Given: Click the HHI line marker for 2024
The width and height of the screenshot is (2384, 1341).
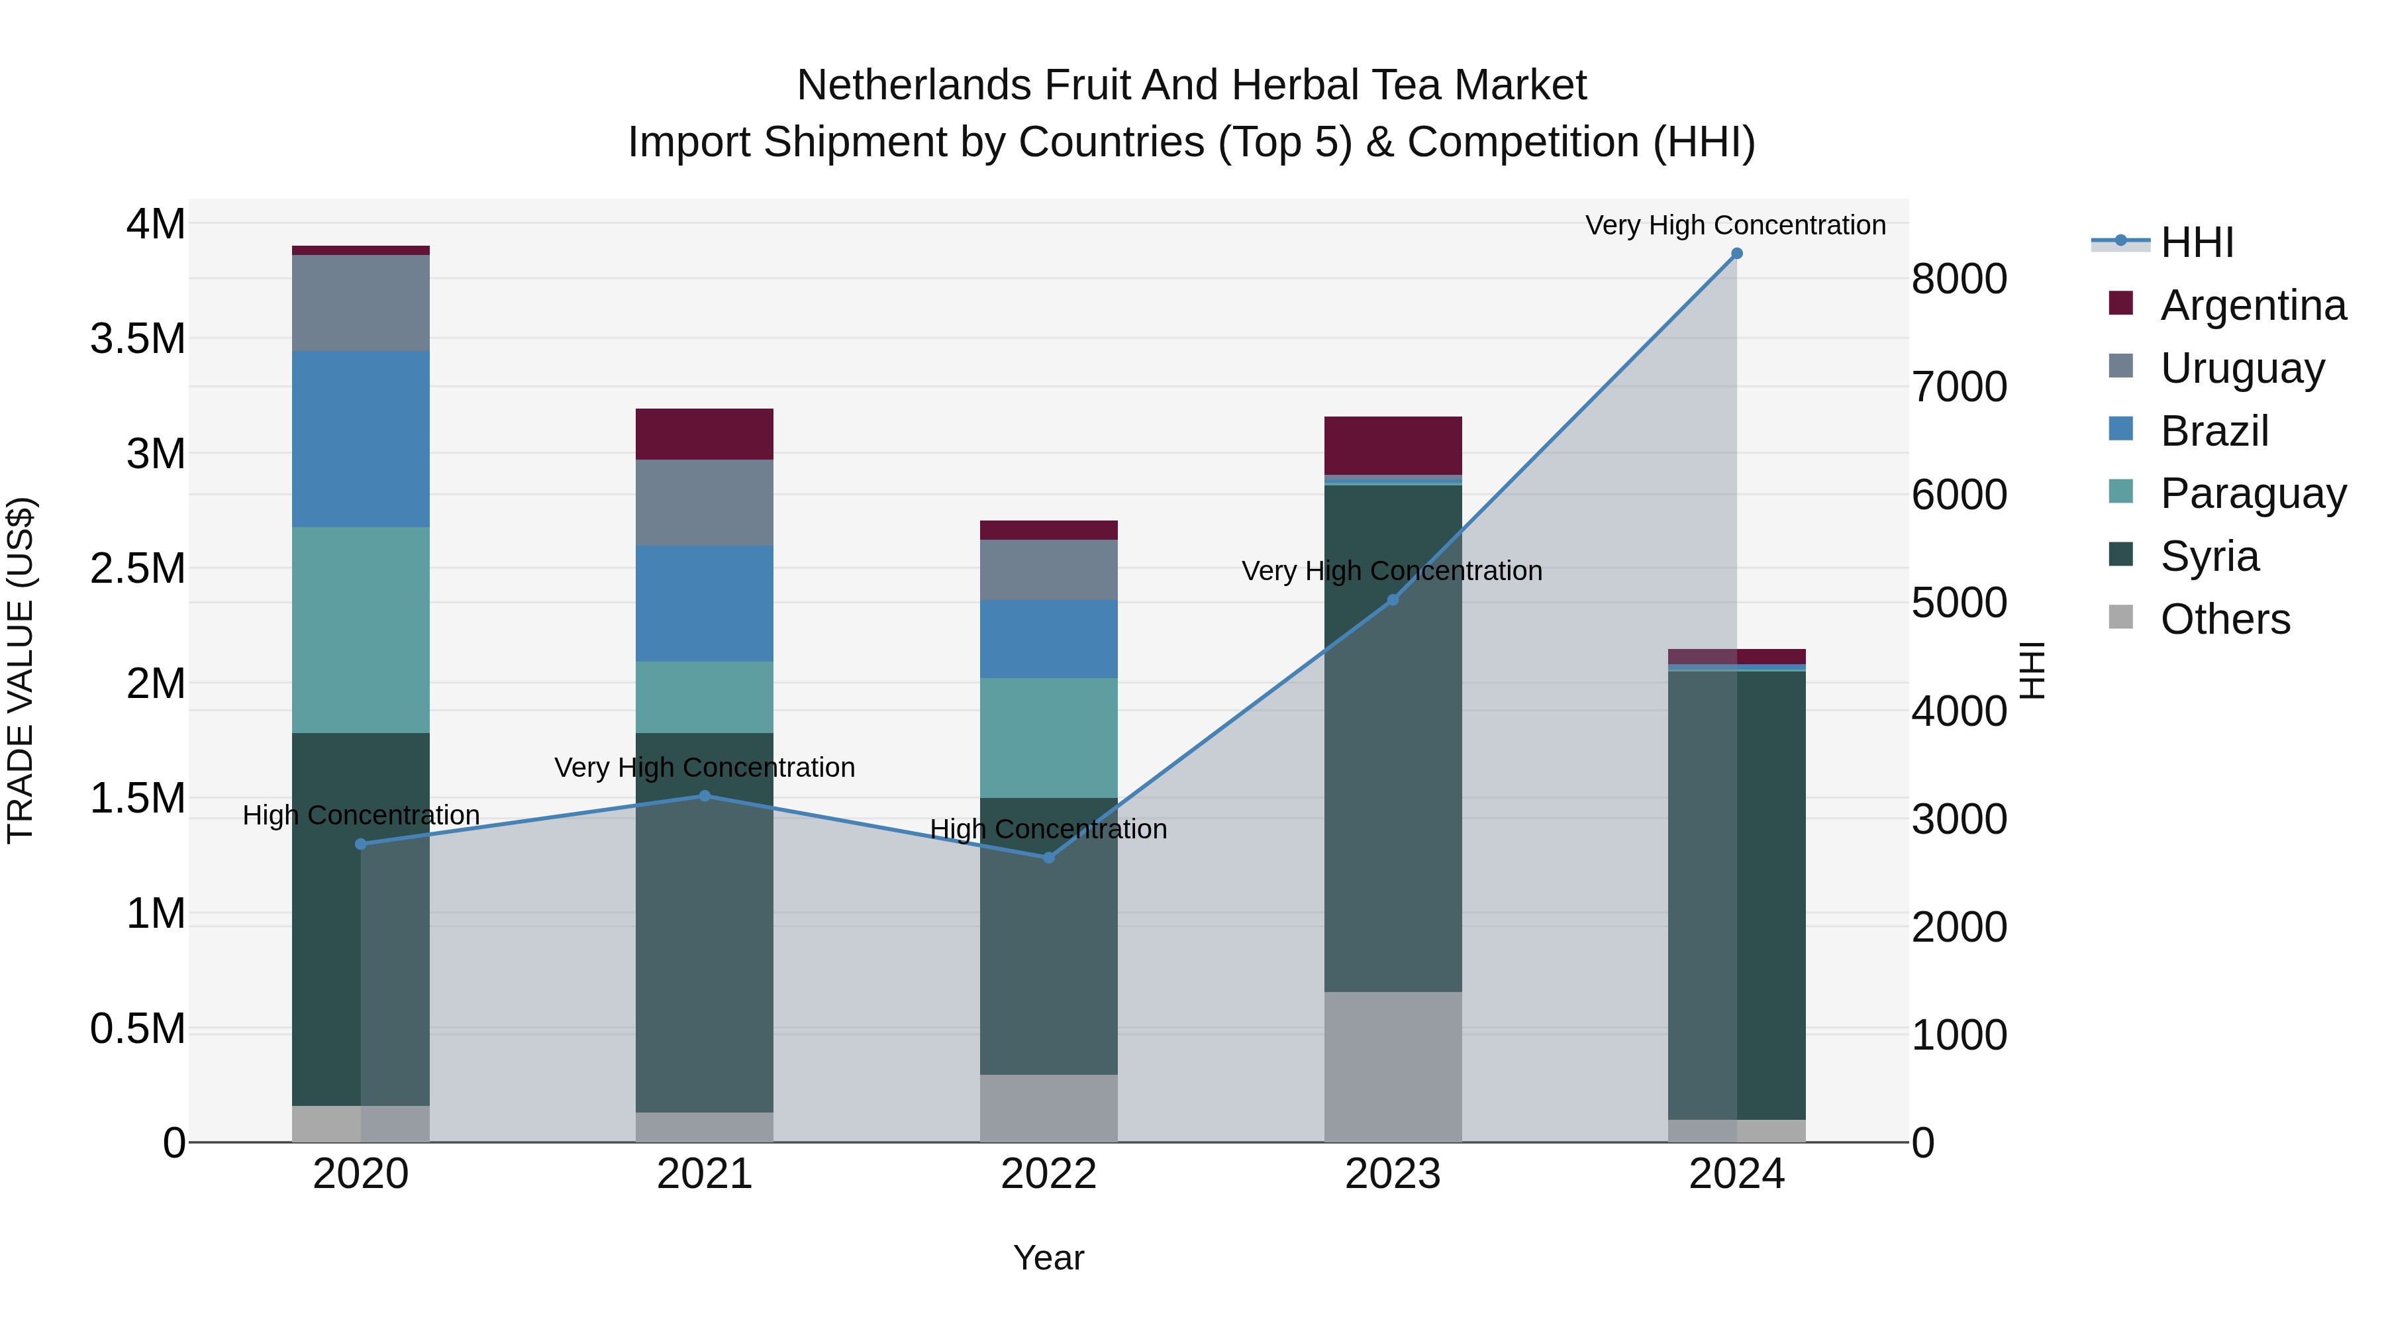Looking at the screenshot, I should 1736,254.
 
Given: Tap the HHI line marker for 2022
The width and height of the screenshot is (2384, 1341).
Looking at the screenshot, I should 1048,858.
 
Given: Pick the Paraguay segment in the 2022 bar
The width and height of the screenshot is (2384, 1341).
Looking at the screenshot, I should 1048,738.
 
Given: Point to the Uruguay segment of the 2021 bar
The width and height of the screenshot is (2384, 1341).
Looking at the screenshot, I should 705,503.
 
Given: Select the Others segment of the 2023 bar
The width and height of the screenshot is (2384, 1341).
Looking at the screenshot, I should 1393,1066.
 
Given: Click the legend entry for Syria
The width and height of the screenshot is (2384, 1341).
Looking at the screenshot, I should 2209,556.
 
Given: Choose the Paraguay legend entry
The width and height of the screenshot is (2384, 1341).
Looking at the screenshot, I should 2253,493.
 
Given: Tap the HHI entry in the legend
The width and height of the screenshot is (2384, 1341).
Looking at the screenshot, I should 2196,242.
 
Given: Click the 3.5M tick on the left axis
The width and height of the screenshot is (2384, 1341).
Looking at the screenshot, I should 138,338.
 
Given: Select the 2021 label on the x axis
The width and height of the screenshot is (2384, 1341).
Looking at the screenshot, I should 705,1174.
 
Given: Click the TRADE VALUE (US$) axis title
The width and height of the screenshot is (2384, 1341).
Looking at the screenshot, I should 21,670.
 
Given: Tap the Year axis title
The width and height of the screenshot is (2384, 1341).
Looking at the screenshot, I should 1048,1258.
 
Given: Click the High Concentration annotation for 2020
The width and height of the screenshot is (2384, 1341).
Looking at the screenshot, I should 361,815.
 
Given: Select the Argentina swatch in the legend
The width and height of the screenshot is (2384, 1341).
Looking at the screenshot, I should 2120,303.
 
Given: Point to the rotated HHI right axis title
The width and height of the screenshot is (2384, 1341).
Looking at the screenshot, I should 2032,670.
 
